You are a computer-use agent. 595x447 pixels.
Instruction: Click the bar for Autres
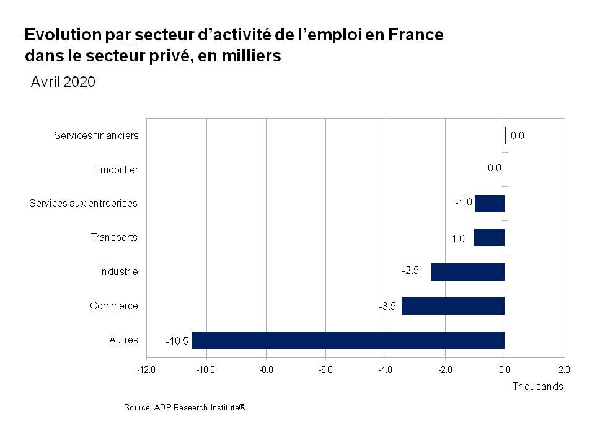tap(348, 340)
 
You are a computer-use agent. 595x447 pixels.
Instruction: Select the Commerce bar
tap(453, 306)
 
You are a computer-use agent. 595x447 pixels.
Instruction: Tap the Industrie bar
tap(468, 272)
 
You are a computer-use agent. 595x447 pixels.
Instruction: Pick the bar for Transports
tap(490, 238)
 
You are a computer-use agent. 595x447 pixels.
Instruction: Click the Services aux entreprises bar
tap(490, 204)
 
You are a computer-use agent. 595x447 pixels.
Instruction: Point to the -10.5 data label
tap(177, 341)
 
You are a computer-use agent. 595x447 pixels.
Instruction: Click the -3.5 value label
tap(387, 307)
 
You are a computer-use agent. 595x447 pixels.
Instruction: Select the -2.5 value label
tap(410, 271)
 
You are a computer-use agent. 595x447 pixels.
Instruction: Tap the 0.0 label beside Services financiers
tap(518, 135)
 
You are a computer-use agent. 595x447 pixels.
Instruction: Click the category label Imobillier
tap(118, 169)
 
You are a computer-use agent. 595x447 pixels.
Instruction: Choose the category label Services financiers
tap(96, 135)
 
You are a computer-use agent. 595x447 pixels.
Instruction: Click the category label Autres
tap(124, 340)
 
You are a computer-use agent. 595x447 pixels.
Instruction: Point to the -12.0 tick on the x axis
tap(146, 369)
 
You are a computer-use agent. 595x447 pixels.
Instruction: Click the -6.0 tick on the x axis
tap(325, 369)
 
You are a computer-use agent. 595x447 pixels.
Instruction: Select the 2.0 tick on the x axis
tap(564, 369)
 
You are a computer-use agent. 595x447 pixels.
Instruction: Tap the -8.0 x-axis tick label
tap(266, 369)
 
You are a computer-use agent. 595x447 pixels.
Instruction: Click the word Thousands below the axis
tap(537, 386)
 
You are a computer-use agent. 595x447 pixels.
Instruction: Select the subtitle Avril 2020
tap(63, 83)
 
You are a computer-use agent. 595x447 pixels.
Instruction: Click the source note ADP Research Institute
tap(185, 407)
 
